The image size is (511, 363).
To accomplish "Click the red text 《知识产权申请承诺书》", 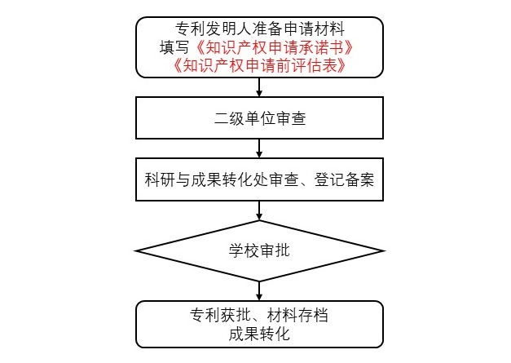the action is (274, 47).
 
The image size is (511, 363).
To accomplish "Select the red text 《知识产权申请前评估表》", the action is (259, 65).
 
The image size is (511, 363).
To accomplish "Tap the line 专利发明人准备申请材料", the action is (260, 29).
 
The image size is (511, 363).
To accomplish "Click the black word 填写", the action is (174, 47).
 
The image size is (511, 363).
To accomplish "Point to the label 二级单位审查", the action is (260, 118).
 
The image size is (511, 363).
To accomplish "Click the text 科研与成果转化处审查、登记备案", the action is (259, 179).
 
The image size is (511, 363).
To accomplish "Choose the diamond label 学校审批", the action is (259, 250).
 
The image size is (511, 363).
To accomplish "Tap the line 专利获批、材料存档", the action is (259, 315).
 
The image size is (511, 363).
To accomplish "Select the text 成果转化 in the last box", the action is (259, 334).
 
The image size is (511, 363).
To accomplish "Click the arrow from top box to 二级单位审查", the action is (259, 87).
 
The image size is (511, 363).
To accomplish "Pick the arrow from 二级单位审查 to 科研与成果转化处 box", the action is (259, 148).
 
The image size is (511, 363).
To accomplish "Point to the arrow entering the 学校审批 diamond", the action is (259, 210).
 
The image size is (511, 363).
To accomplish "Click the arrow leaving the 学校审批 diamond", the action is (259, 291).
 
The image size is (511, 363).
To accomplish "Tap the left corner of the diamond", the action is (135, 250).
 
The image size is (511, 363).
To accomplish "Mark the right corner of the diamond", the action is (385, 250).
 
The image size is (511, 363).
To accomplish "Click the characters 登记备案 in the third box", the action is (344, 179).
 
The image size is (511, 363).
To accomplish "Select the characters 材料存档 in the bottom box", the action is (297, 315).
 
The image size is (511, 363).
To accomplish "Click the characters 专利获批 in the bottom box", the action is (221, 315).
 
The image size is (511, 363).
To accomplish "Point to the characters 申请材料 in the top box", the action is (314, 29).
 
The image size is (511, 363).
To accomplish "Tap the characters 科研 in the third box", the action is (160, 179).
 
